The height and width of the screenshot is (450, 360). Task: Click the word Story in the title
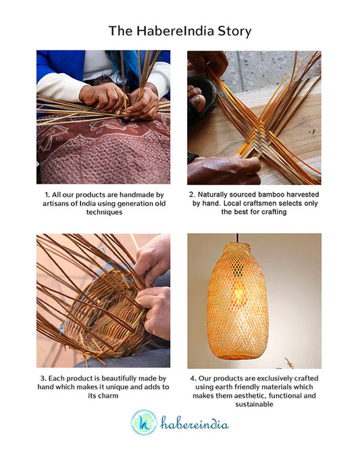[234, 31]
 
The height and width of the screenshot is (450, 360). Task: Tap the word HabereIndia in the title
[175, 30]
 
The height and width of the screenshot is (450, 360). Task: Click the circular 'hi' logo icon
[144, 422]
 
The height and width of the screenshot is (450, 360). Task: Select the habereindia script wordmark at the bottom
[195, 423]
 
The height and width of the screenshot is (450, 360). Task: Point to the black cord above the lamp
[238, 238]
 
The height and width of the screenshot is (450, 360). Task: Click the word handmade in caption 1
[137, 195]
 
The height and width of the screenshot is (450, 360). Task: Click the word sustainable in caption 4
[254, 404]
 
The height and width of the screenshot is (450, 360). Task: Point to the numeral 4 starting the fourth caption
[192, 378]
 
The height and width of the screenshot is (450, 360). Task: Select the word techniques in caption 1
[104, 212]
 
